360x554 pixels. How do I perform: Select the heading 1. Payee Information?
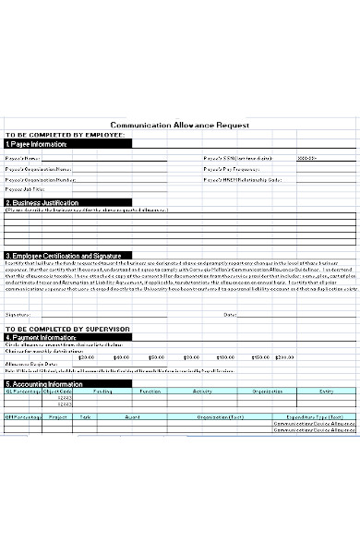[37, 144]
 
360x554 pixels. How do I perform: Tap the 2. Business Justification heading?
[42, 201]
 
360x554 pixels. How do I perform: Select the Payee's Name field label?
[24, 158]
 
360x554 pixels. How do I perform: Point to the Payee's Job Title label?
[26, 188]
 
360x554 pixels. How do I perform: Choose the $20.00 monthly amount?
[87, 357]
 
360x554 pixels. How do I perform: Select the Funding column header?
[102, 391]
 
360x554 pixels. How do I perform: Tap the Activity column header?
[202, 391]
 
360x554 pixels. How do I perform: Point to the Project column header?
[58, 415]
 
